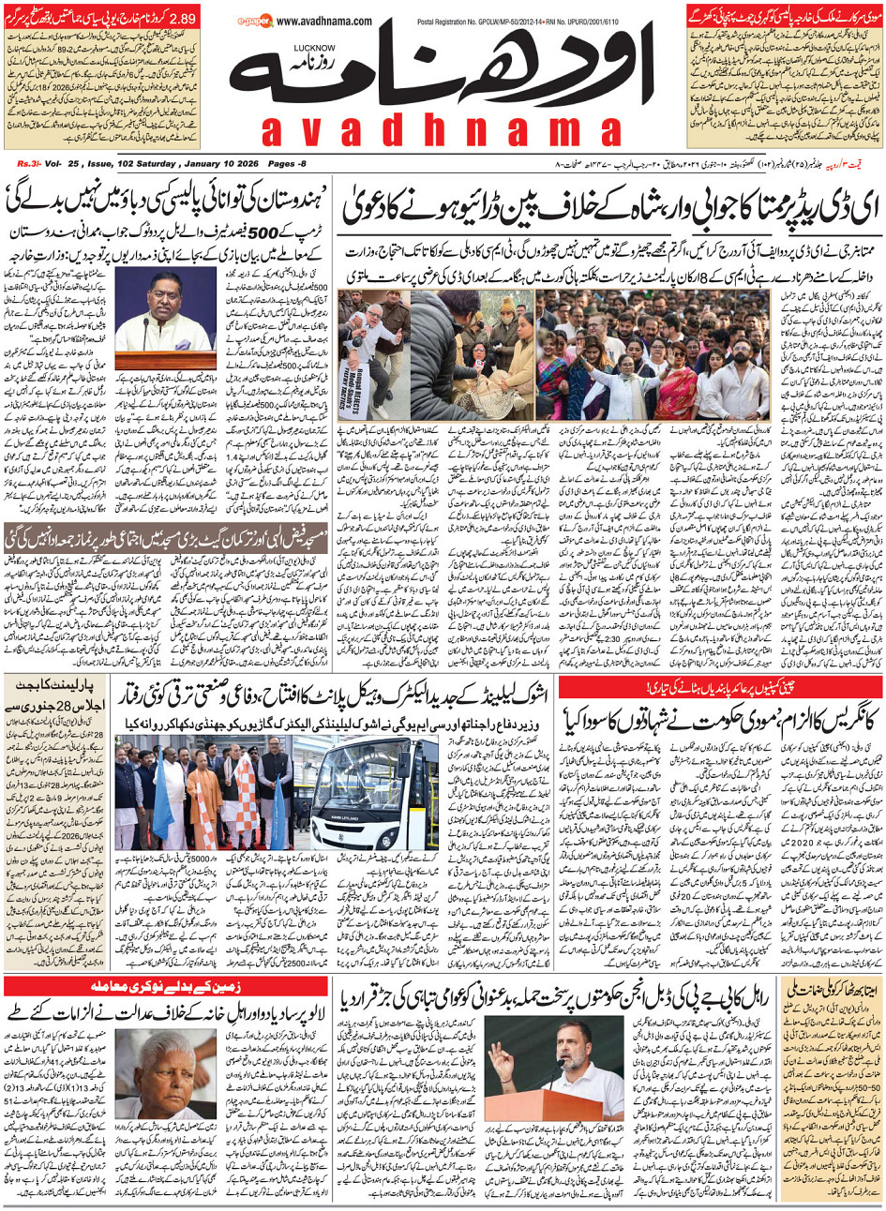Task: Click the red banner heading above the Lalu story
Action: [x=164, y=987]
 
